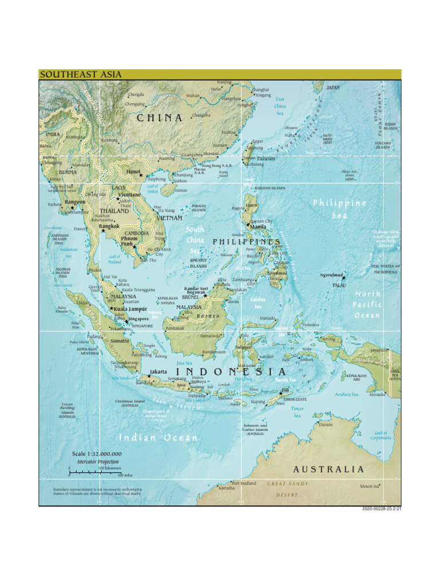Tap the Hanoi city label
click(133, 171)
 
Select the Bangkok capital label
click(108, 226)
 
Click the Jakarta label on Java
click(158, 371)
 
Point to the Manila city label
click(258, 227)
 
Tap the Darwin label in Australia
click(325, 425)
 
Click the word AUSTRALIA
click(328, 469)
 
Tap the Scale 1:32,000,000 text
click(96, 454)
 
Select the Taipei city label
click(257, 141)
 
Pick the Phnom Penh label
click(127, 241)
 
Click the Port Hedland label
click(244, 483)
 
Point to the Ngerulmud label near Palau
click(331, 275)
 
